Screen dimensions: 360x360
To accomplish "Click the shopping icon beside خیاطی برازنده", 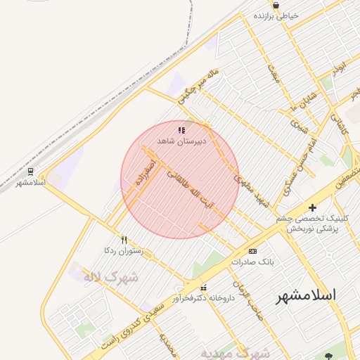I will (276, 5).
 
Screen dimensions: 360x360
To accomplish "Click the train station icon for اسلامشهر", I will (30, 172).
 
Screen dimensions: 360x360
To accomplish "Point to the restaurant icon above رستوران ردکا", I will (124, 239).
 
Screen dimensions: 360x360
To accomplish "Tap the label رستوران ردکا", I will (124, 250).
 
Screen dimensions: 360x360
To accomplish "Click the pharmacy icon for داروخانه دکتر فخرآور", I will (204, 287).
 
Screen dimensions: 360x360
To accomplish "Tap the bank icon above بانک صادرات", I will (253, 251).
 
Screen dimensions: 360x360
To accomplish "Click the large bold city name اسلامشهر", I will (305, 295).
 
